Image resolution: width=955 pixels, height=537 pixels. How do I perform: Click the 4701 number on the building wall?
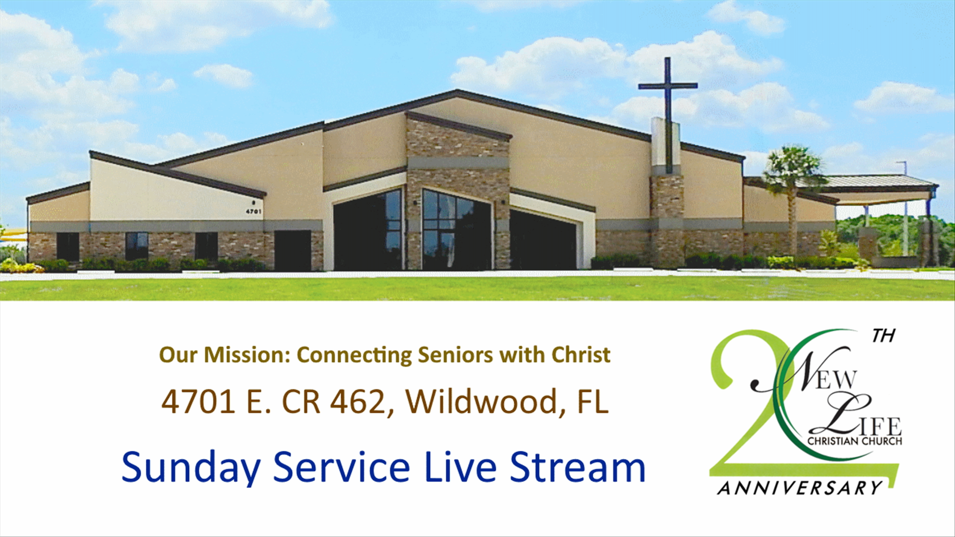(254, 211)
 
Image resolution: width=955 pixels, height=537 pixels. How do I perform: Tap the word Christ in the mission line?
(580, 355)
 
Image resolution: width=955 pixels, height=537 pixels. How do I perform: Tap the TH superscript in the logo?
(883, 336)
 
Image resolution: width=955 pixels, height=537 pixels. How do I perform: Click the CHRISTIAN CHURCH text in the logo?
(855, 441)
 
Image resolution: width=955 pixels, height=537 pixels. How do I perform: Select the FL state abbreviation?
(592, 401)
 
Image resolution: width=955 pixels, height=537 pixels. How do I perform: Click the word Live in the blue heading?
(461, 467)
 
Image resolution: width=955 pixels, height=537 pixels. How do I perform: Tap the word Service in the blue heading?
(342, 467)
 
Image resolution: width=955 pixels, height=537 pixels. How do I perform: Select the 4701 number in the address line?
(198, 401)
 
